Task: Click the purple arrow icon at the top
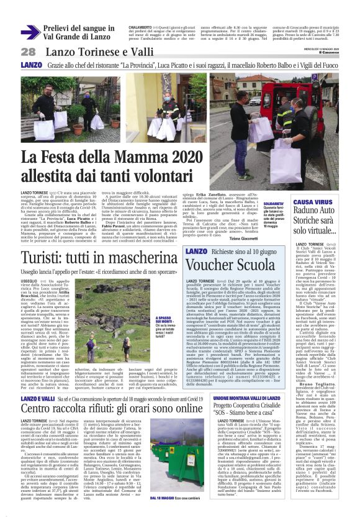point(30,32)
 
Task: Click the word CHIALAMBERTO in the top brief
point(140,28)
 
